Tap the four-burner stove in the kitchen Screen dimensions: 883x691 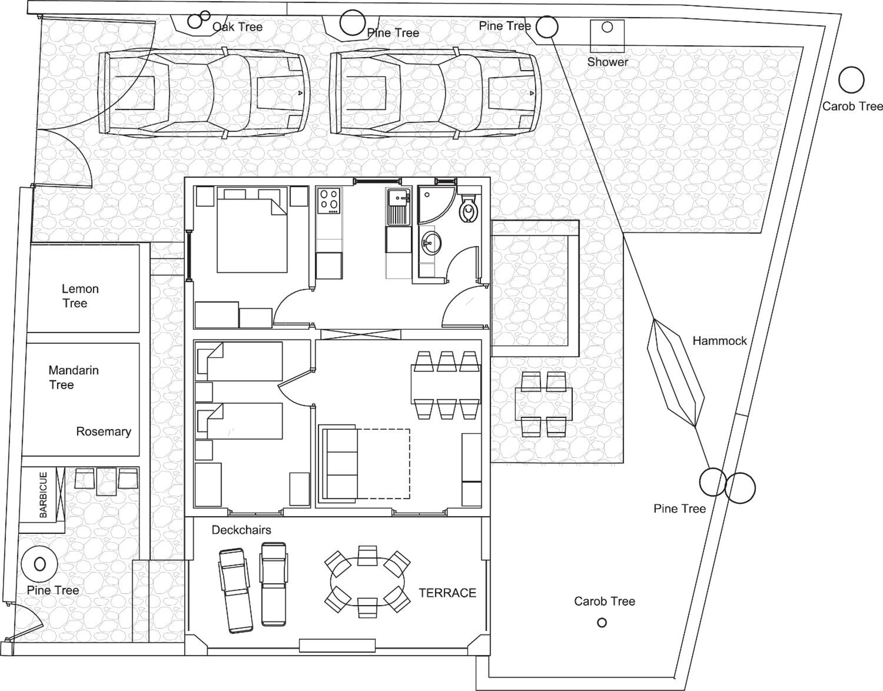pos(329,201)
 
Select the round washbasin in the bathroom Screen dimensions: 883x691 pos(431,243)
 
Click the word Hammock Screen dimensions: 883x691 pos(719,341)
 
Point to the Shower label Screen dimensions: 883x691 pos(608,62)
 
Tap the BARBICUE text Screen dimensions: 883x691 pos(43,494)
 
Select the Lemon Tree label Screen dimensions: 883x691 pos(80,296)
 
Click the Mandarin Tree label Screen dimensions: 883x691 pos(73,377)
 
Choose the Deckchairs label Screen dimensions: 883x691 pos(241,530)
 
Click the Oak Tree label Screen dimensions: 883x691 pos(238,27)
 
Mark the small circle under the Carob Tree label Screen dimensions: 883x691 pos(602,623)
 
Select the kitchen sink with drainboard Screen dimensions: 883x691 pos(398,207)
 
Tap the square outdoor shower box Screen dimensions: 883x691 pos(607,36)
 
